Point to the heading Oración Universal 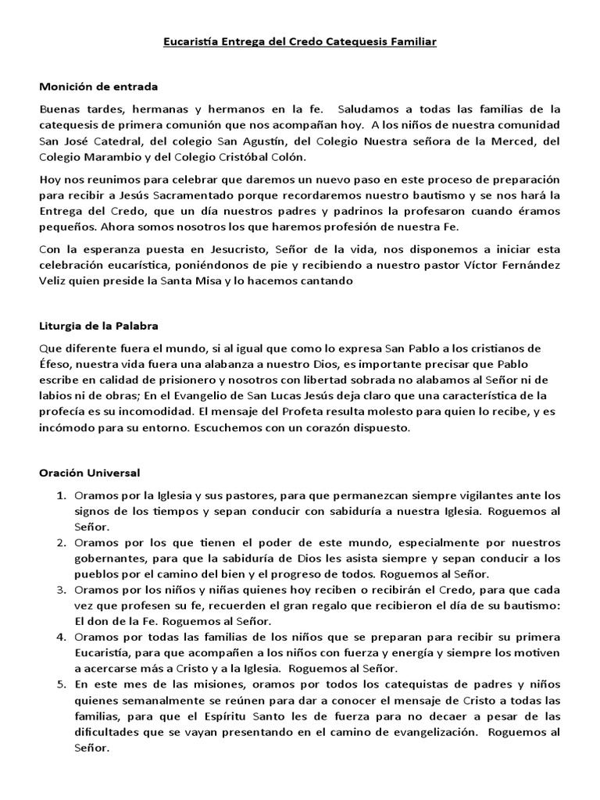tap(90, 473)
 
